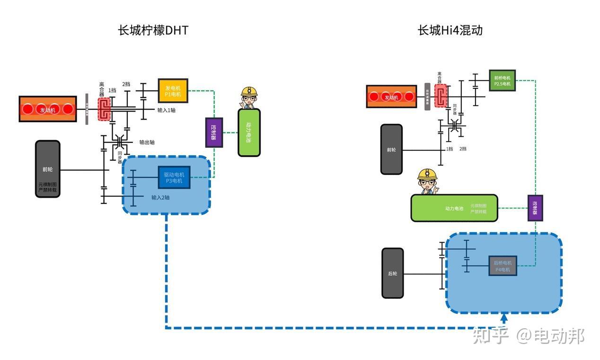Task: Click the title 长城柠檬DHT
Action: coord(153,30)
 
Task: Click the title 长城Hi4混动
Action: coord(450,30)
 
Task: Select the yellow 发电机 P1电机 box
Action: coord(173,90)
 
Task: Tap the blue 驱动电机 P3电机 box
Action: coord(174,177)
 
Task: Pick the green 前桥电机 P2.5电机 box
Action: coord(502,80)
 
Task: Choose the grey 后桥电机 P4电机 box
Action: coord(502,266)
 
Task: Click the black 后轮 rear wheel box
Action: coord(392,273)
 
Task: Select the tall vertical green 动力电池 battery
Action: coord(249,132)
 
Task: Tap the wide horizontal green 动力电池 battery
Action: coord(454,208)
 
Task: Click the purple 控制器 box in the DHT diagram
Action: coord(214,132)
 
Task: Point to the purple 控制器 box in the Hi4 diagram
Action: coord(535,208)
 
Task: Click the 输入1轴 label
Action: coord(167,110)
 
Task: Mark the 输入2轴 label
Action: coord(160,197)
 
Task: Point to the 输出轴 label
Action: coord(147,142)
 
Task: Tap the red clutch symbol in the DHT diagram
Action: coord(104,109)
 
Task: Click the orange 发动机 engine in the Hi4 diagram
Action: coord(391,97)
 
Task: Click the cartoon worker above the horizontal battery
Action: coord(427,182)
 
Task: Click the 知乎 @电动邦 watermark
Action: coord(529,336)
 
